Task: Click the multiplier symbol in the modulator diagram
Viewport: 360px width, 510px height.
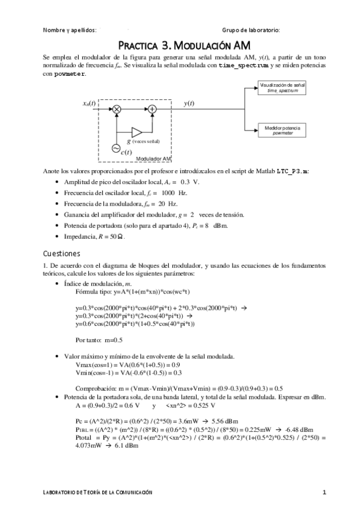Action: [117, 109]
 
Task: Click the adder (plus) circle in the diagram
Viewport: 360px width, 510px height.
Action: [153, 109]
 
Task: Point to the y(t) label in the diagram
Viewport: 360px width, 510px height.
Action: [189, 103]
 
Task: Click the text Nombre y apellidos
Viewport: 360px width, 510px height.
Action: [70, 29]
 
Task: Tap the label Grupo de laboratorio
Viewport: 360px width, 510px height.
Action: [251, 29]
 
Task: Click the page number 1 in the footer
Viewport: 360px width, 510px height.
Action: [324, 493]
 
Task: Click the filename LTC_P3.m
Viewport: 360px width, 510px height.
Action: [293, 171]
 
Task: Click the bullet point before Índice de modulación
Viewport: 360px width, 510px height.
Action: [56, 283]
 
